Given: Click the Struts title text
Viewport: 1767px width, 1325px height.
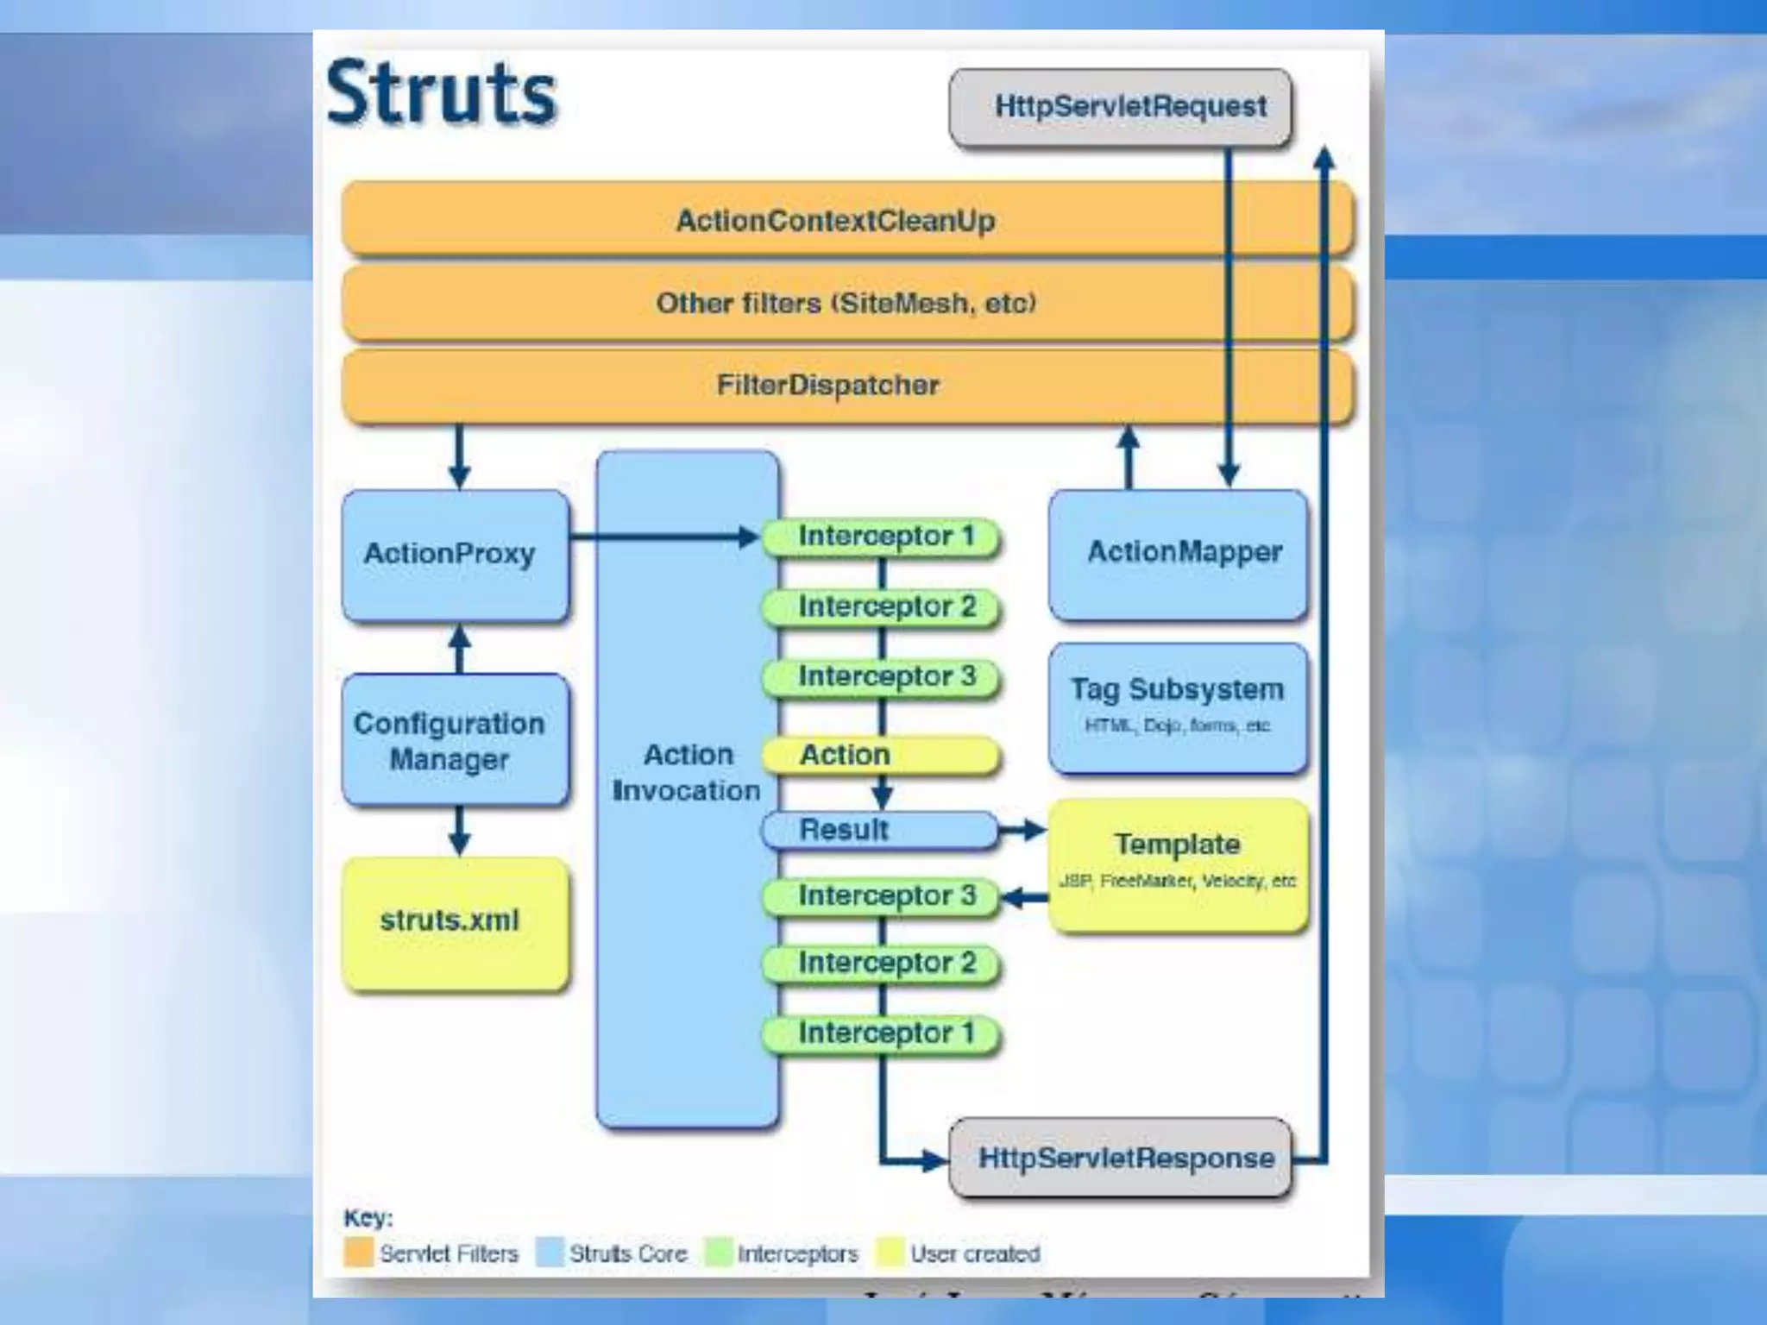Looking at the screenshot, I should (x=442, y=93).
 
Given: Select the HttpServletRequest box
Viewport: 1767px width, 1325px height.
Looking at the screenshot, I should (x=1120, y=107).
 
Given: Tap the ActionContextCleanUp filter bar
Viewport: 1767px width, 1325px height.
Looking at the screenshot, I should (x=835, y=220).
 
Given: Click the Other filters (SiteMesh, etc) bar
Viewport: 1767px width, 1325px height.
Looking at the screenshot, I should (x=846, y=303).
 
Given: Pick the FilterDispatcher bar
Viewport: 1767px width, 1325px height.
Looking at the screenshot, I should (x=828, y=385).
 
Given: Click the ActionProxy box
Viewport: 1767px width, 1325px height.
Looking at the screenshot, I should (x=455, y=554).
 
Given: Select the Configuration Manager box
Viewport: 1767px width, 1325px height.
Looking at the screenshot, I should (x=455, y=740).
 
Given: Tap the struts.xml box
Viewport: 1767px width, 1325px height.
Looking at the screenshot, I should (x=455, y=921).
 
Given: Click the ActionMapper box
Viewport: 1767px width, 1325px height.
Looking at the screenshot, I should (x=1178, y=553).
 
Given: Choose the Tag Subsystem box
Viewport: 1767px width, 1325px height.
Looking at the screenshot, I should (x=1178, y=706).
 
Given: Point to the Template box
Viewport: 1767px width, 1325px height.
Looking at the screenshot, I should (x=1178, y=863).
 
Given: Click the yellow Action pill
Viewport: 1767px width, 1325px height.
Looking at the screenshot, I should (x=880, y=755).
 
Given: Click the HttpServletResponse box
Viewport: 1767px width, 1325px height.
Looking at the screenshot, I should (x=1120, y=1158).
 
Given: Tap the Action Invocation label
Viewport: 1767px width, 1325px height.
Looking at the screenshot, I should (x=687, y=772).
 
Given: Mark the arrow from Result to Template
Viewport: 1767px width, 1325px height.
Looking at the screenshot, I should (x=1022, y=830).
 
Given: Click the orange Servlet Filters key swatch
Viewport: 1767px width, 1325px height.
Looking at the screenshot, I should (x=358, y=1253).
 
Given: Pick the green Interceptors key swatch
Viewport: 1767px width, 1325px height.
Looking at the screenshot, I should (x=718, y=1253).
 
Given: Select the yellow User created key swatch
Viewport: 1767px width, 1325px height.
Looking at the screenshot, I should (x=890, y=1253).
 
